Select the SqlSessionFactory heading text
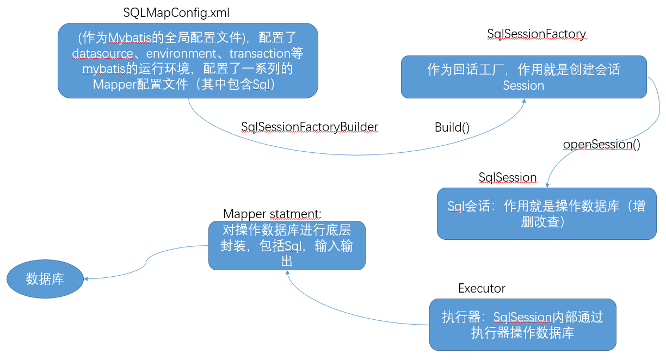pyautogui.click(x=536, y=34)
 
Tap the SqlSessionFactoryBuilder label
pyautogui.click(x=309, y=127)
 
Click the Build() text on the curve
pyautogui.click(x=452, y=127)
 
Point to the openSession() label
pyautogui.click(x=601, y=145)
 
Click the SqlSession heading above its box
pyautogui.click(x=507, y=177)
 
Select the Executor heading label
pyautogui.click(x=482, y=288)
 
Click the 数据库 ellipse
pyautogui.click(x=45, y=279)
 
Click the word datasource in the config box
pyautogui.click(x=103, y=53)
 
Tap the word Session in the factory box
pyautogui.click(x=523, y=85)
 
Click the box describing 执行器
pyautogui.click(x=522, y=324)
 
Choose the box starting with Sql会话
pyautogui.click(x=546, y=214)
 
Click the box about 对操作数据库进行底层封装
pyautogui.click(x=287, y=245)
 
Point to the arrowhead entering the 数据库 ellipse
pyautogui.click(x=87, y=279)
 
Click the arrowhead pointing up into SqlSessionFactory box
pyautogui.click(x=523, y=102)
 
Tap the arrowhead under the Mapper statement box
pyautogui.click(x=287, y=272)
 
